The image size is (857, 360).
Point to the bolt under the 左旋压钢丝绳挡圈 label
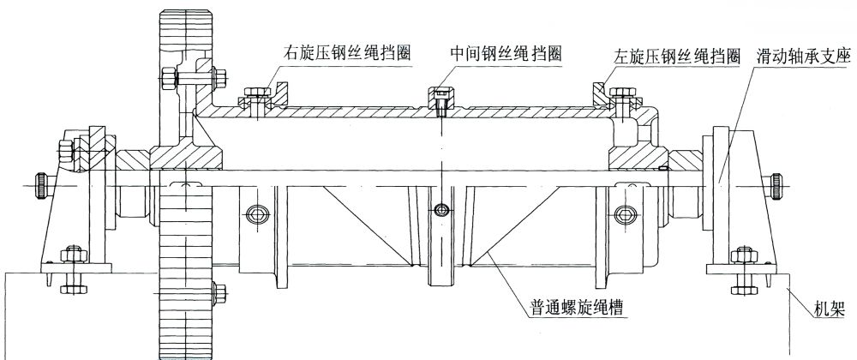click(620, 93)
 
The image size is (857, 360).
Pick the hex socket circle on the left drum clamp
click(255, 212)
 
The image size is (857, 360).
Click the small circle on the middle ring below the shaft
click(440, 209)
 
